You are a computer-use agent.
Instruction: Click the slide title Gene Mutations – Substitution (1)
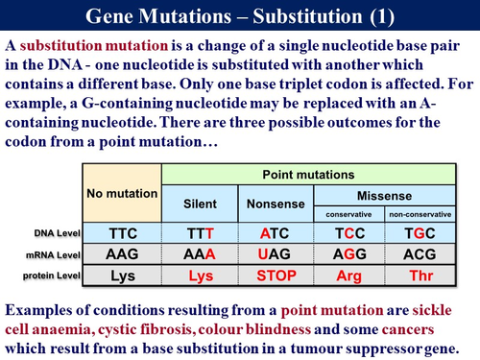point(240,17)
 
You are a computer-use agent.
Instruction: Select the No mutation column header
point(122,192)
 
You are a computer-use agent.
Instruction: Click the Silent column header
point(200,204)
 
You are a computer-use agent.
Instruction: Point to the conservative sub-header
point(349,213)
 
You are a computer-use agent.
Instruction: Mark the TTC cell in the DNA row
point(122,233)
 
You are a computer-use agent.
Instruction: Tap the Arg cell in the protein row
point(349,276)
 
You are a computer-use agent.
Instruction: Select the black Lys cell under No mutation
point(122,276)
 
